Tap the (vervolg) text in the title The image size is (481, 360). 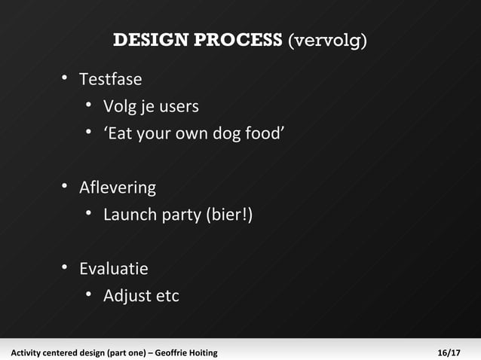click(x=327, y=40)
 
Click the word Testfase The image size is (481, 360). click(x=110, y=78)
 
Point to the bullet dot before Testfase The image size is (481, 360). click(x=66, y=78)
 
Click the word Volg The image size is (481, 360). click(x=119, y=106)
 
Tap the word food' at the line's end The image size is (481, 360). click(x=263, y=134)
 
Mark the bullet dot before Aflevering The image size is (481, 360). click(x=66, y=187)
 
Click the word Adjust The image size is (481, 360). click(x=127, y=296)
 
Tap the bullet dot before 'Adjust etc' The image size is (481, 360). click(x=89, y=296)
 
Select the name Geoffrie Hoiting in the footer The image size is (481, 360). click(x=186, y=352)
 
